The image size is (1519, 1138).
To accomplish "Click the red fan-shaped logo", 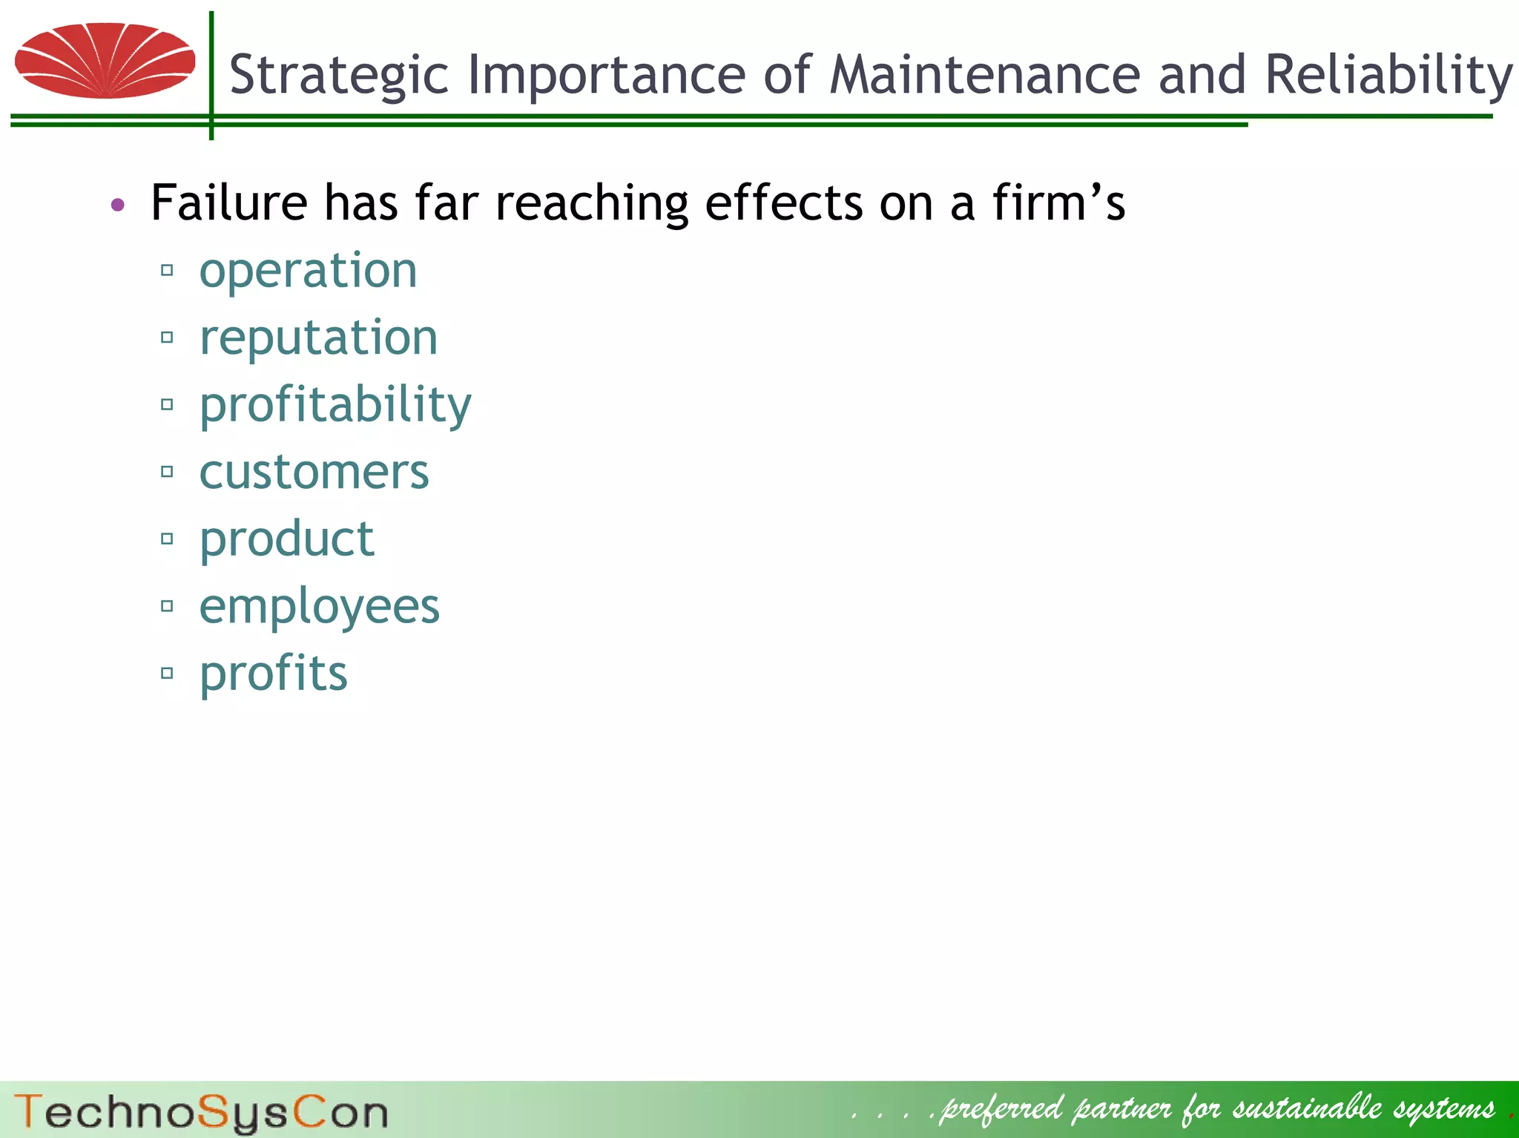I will coord(105,61).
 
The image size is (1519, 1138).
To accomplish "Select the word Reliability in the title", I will coord(1388,76).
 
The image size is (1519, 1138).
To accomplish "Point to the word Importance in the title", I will coord(606,76).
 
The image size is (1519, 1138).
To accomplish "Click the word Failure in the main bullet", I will coord(228,203).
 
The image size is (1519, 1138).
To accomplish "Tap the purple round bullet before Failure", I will coord(118,204).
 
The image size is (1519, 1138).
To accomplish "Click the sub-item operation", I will coord(308,271).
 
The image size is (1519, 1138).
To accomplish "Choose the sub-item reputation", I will coord(318,338).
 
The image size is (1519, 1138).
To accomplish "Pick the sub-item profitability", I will coord(335,406).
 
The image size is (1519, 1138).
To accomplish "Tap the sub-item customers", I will coord(314,473).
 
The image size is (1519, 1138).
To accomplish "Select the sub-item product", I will coord(286,539).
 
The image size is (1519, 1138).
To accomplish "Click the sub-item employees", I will coord(319,607).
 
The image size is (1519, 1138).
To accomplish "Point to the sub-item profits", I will coord(273,674).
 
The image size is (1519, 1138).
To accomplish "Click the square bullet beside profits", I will coord(167,674).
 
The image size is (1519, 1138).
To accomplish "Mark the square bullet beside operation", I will coord(167,270).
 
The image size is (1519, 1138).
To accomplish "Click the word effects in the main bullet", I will coord(783,203).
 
